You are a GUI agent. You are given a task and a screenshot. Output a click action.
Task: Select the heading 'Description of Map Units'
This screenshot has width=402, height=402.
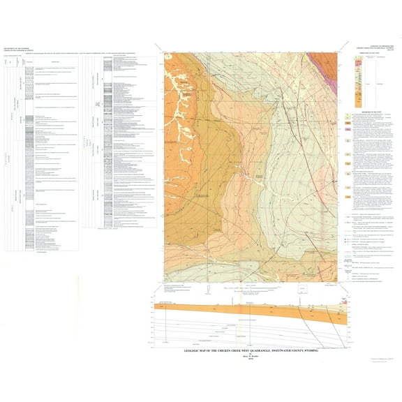coord(370,111)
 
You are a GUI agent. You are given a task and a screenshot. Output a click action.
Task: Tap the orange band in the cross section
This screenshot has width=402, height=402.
coord(244,306)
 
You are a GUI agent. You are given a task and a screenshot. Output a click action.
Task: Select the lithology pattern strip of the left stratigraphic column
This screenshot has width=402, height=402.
coord(24,140)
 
